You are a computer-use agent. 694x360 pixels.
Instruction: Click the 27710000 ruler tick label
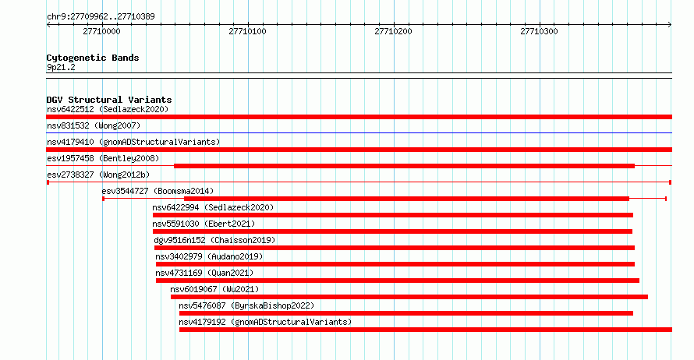101,31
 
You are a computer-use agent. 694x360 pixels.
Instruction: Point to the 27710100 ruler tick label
247,31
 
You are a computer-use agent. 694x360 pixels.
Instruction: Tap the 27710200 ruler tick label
393,31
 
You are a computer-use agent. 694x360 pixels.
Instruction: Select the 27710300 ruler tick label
539,31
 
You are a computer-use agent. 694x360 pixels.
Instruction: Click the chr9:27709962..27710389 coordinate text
101,17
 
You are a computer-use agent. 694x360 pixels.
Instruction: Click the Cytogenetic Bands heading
93,58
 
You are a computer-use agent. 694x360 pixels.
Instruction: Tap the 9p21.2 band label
61,67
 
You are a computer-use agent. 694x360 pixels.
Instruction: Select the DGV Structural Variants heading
109,100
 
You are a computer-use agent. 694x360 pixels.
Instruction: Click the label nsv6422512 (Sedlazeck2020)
108,109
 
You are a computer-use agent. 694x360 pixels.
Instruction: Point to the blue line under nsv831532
359,132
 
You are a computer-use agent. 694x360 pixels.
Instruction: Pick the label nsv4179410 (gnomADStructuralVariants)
133,142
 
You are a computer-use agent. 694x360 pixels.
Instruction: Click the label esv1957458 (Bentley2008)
103,158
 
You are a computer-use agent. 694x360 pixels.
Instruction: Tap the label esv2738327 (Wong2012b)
98,175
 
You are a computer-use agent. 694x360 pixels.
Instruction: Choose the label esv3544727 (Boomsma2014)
158,191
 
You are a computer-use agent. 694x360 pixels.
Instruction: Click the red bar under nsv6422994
392,215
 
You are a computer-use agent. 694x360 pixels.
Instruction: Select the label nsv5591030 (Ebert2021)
204,224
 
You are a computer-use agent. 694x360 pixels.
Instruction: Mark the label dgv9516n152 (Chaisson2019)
214,240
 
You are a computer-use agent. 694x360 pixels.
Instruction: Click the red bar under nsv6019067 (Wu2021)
409,297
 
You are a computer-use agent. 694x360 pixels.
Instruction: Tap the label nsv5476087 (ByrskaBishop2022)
246,305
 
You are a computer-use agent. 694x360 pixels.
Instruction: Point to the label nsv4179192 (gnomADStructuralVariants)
265,322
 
